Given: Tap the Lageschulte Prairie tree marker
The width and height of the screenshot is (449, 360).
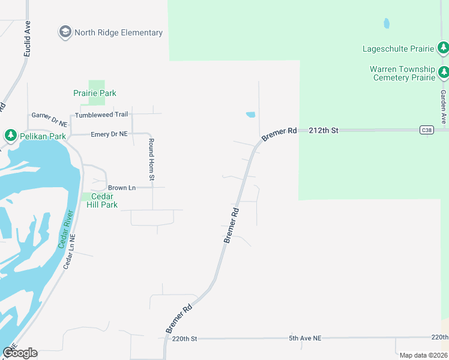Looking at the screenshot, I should coord(443,47).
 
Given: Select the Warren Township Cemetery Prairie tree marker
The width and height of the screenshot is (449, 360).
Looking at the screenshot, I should coord(443,73).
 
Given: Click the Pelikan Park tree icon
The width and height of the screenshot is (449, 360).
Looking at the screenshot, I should coord(10,136).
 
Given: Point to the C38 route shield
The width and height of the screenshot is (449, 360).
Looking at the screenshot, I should coord(426,130).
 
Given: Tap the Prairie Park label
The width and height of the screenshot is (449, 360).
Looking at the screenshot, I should coord(95,93).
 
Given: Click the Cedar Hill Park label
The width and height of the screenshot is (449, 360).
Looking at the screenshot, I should coord(100,200).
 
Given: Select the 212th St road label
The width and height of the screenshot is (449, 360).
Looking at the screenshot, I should coord(324,130).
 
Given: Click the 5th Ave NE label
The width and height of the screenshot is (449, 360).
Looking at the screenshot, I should coord(305,338).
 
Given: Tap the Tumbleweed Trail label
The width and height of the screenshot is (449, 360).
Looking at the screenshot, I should coord(101,115).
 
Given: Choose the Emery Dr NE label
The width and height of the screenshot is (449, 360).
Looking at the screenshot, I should coord(109,134).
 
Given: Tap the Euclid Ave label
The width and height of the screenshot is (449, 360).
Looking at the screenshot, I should coord(27,39).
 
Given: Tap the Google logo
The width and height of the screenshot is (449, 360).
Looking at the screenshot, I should coord(20,353).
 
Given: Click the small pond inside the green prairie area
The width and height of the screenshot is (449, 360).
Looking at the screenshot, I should coord(386,23).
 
